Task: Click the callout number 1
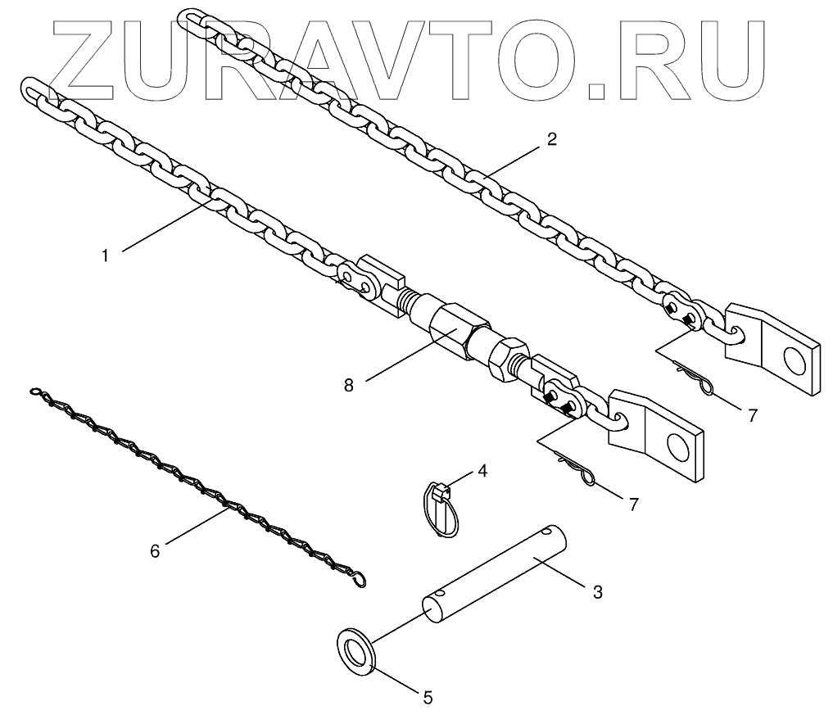[x=105, y=255]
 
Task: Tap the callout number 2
[x=552, y=138]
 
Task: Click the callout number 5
[x=427, y=697]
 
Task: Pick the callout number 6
[x=155, y=551]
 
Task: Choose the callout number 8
[x=349, y=385]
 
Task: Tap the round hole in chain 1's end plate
[x=677, y=446]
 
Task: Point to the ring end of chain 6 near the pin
[x=357, y=578]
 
